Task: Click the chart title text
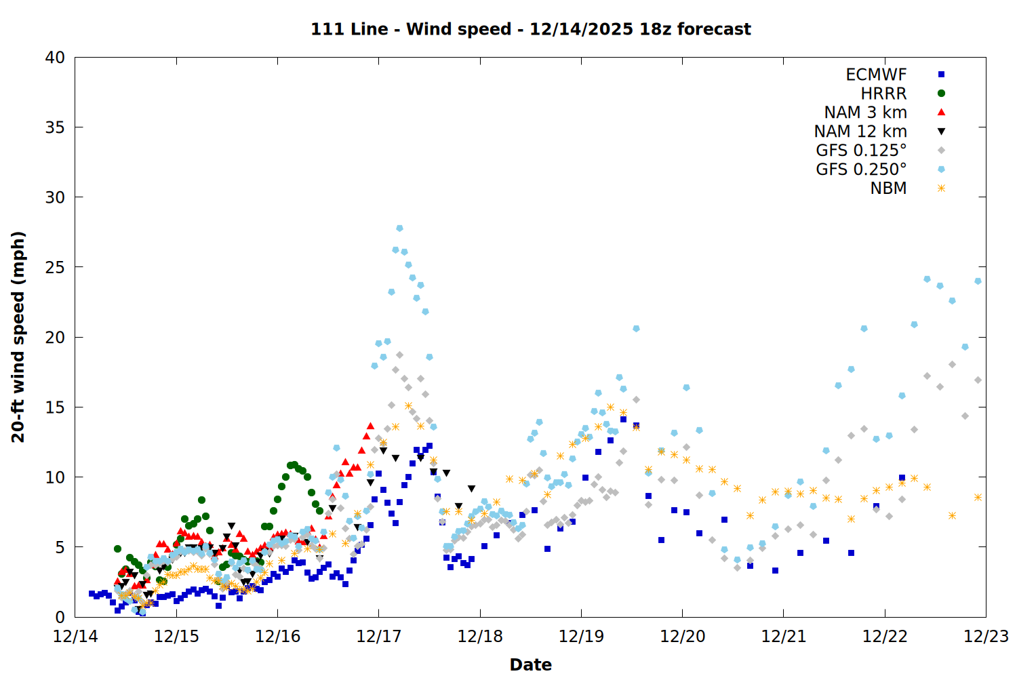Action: tap(530, 29)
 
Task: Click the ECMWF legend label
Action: tap(876, 75)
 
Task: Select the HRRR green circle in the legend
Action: tap(941, 94)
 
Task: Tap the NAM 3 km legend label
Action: tap(865, 113)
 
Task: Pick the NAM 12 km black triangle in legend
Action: tap(941, 132)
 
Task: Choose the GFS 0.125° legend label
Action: tap(861, 151)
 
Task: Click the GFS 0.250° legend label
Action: tap(861, 169)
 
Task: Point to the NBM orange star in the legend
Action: tap(941, 188)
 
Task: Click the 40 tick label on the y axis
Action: tap(55, 58)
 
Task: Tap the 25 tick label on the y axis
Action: tap(55, 268)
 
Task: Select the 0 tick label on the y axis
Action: tap(60, 617)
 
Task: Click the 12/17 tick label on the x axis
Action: tap(379, 637)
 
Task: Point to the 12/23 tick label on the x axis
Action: tap(986, 637)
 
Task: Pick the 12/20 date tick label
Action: tap(682, 637)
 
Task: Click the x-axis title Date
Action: tap(530, 664)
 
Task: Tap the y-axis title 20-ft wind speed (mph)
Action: tap(18, 337)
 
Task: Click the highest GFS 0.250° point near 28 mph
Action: tap(399, 228)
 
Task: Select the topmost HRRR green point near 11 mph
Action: tap(294, 465)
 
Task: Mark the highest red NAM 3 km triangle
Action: tap(370, 426)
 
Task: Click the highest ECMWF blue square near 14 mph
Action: tap(623, 420)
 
